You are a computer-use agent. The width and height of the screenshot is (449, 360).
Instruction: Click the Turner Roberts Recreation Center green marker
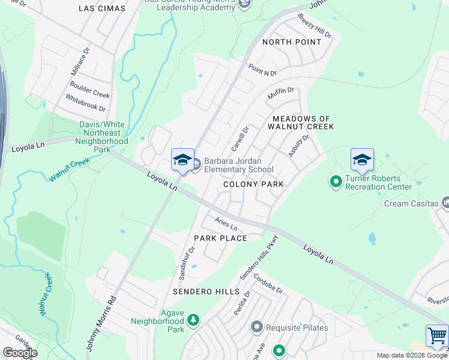pyautogui.click(x=336, y=180)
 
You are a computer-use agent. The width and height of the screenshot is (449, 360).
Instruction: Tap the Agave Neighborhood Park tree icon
pyautogui.click(x=193, y=321)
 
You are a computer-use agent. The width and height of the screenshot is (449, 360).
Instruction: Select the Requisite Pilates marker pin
pyautogui.click(x=257, y=327)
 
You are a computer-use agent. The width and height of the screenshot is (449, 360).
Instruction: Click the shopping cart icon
pyautogui.click(x=436, y=336)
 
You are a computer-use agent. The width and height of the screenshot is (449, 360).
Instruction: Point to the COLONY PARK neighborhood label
pyautogui.click(x=253, y=184)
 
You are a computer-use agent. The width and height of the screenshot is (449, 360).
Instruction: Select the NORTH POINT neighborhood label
pyautogui.click(x=292, y=42)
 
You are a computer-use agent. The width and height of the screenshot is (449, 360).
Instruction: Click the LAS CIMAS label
pyautogui.click(x=103, y=8)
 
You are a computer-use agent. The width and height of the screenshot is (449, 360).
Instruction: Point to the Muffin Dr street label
pyautogui.click(x=281, y=94)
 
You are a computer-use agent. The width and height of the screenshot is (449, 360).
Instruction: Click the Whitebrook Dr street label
pyautogui.click(x=85, y=104)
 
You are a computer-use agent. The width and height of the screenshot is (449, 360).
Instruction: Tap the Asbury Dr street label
pyautogui.click(x=298, y=146)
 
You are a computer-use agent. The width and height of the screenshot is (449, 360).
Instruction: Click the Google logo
pyautogui.click(x=20, y=353)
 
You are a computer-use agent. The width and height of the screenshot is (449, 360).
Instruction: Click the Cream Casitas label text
pyautogui.click(x=411, y=203)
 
